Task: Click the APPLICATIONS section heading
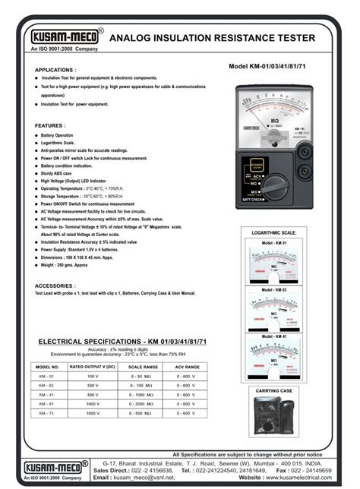tap(56, 70)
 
